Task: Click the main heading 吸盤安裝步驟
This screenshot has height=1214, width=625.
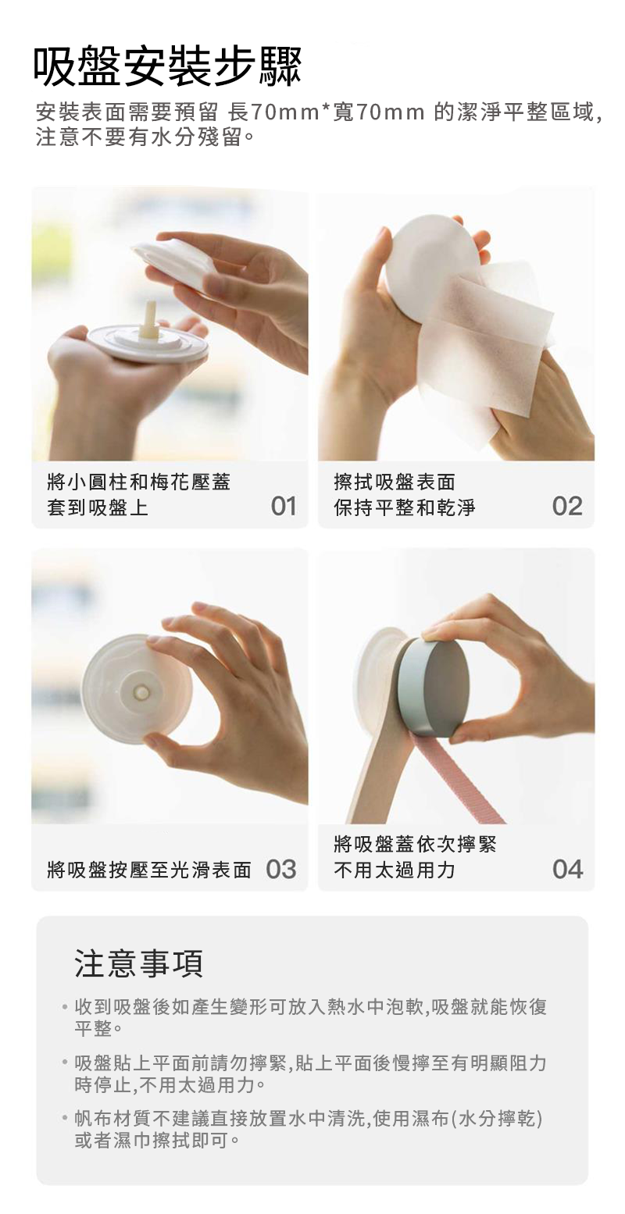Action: pyautogui.click(x=167, y=67)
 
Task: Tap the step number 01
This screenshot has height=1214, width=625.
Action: pyautogui.click(x=283, y=506)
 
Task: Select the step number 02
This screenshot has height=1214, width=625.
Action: pyautogui.click(x=567, y=506)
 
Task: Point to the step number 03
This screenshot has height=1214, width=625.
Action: pyautogui.click(x=281, y=869)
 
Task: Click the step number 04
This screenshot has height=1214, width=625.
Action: pyautogui.click(x=567, y=869)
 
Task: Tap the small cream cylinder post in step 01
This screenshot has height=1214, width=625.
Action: pyautogui.click(x=150, y=320)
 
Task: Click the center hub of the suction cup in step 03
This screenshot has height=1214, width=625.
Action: pyautogui.click(x=141, y=693)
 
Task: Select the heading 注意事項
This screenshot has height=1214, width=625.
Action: pyautogui.click(x=139, y=963)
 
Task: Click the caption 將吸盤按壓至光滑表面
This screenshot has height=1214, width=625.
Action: pyautogui.click(x=149, y=870)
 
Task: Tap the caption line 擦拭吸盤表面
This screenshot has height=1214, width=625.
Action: pyautogui.click(x=395, y=481)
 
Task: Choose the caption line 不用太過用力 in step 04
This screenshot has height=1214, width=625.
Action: pyautogui.click(x=395, y=870)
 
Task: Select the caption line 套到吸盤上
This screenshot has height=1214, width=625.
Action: pyautogui.click(x=98, y=507)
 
